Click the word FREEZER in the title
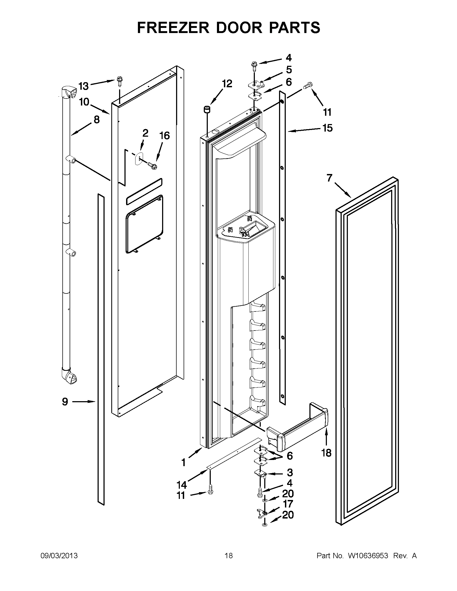[173, 28]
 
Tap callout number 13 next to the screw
[83, 86]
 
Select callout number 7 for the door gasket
[329, 178]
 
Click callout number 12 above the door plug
[227, 84]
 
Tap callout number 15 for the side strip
[327, 128]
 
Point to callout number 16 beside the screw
[165, 136]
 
